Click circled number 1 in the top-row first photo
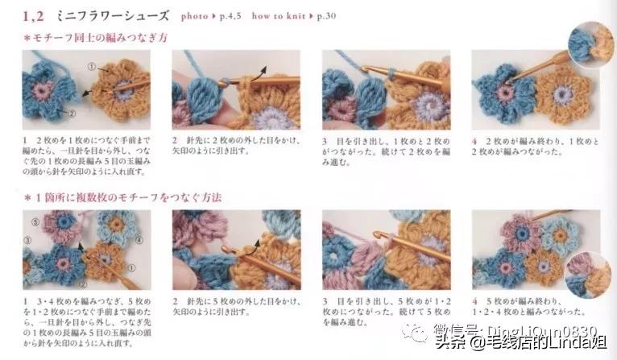click(x=92, y=67)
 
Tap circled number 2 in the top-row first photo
click(x=72, y=114)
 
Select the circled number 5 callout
click(x=35, y=222)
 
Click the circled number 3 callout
click(x=27, y=239)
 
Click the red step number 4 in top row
click(x=475, y=139)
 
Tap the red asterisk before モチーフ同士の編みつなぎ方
click(x=27, y=39)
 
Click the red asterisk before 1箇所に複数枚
click(x=27, y=197)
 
